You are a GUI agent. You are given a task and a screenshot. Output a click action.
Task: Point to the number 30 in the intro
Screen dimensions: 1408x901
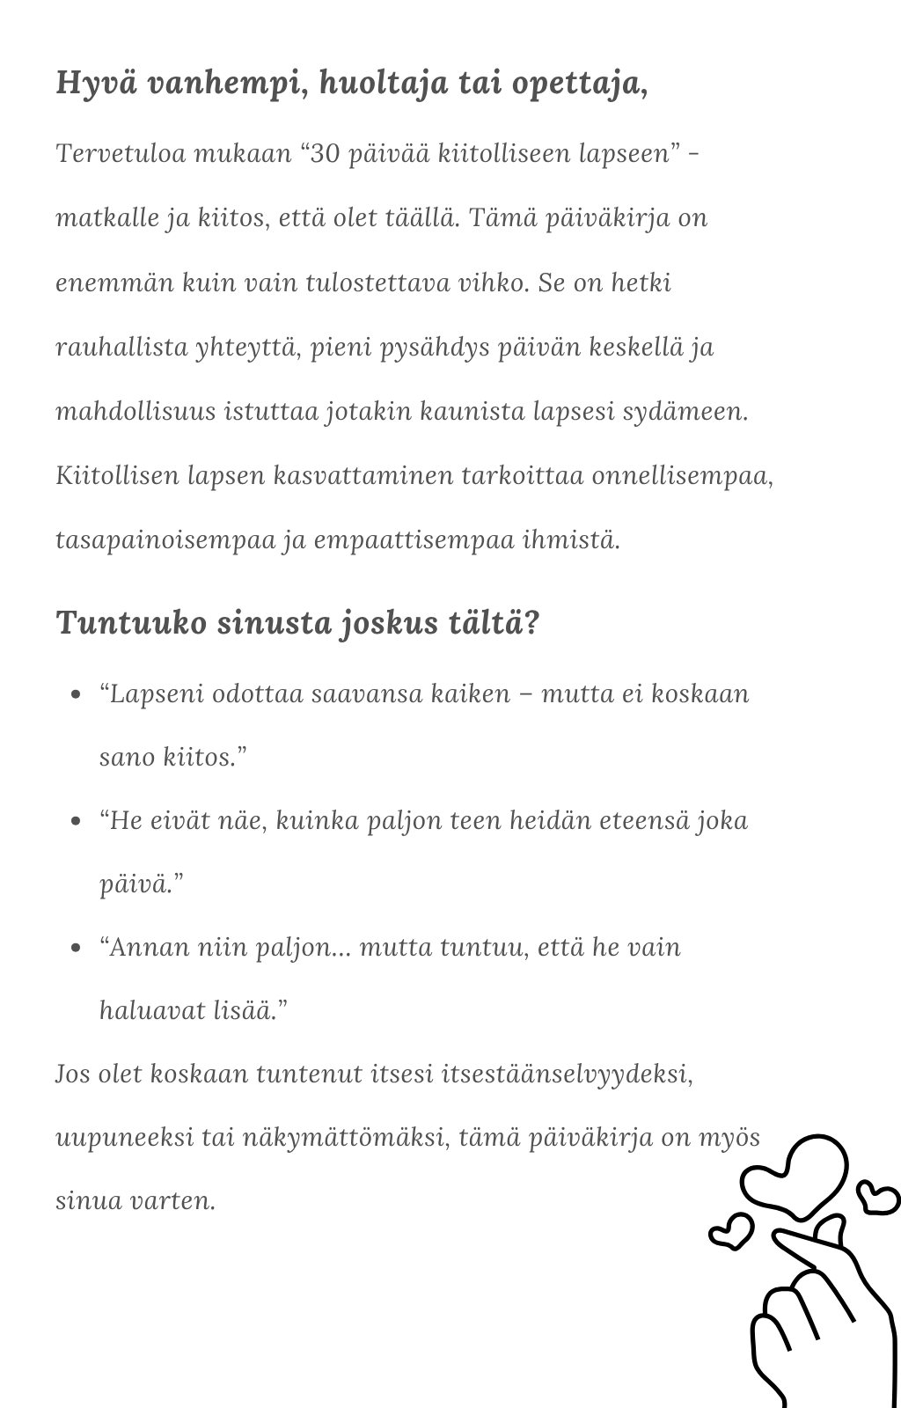(x=325, y=153)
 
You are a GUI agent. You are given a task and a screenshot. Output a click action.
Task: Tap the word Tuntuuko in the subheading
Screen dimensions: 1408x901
(x=131, y=622)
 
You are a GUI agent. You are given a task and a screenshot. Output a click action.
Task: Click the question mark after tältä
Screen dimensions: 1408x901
(x=531, y=622)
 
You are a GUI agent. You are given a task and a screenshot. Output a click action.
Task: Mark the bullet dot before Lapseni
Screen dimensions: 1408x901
(x=76, y=694)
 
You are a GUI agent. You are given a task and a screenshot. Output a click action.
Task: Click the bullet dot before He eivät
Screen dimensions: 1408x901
(x=76, y=821)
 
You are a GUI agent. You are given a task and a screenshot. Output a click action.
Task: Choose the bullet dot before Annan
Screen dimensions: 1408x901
(x=76, y=948)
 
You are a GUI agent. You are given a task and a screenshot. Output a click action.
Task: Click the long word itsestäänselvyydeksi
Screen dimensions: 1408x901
(x=566, y=1074)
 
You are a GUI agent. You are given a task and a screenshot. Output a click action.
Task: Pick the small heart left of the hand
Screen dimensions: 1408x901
(x=731, y=1230)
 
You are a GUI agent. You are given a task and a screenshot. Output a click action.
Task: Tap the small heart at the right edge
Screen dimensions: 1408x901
(x=878, y=1196)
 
